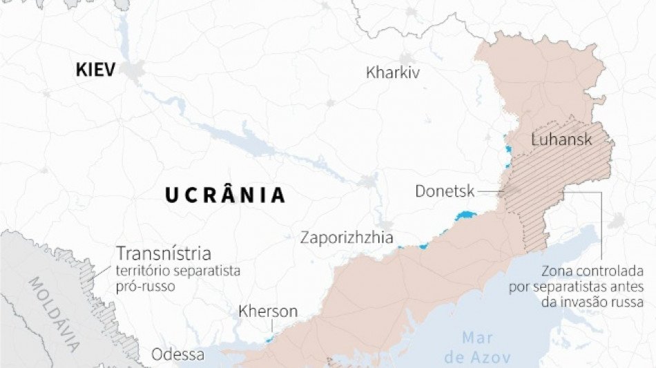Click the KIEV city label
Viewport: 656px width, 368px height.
coord(96,70)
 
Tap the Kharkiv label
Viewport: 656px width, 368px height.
coord(393,72)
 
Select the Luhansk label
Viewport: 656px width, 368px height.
coord(562,139)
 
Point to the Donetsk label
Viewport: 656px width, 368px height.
coord(445,191)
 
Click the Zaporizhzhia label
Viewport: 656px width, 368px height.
coord(347,238)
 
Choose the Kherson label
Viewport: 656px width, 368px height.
coord(268,311)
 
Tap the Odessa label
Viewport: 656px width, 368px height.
coord(178,355)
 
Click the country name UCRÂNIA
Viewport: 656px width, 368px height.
coord(225,195)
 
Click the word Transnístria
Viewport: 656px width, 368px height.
coord(164,253)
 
